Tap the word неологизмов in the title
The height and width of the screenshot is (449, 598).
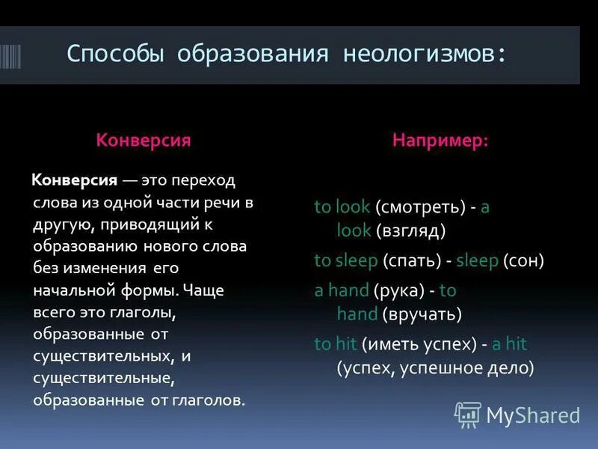424,54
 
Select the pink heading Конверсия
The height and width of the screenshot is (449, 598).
143,140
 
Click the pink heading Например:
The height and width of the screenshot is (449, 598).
440,140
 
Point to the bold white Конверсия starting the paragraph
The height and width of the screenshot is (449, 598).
74,180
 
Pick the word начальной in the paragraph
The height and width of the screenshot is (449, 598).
69,290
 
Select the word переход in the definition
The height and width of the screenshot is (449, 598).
203,180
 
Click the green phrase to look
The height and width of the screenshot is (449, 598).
342,207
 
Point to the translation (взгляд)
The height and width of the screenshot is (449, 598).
411,230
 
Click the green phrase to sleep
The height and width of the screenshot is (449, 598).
345,260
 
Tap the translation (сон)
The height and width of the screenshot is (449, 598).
523,260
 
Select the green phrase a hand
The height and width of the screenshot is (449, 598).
342,290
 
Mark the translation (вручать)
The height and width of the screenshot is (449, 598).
421,314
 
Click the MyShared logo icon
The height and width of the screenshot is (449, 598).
468,414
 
